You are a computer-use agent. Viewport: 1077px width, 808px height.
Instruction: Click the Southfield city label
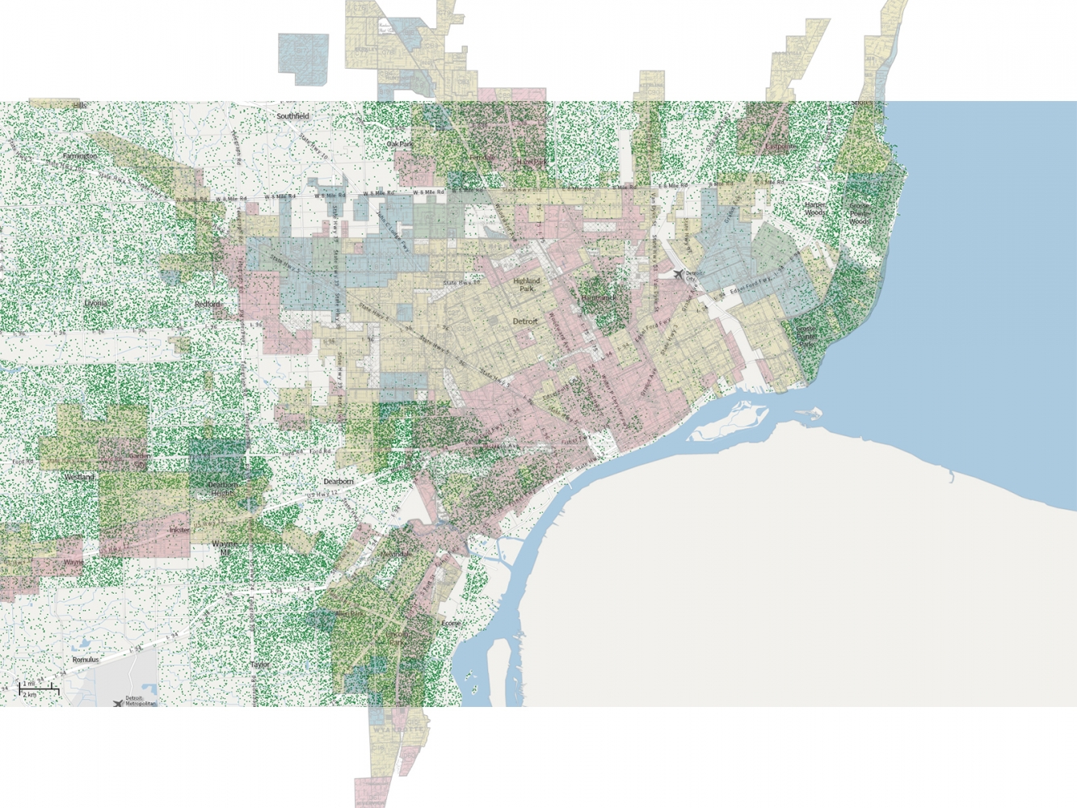(292, 116)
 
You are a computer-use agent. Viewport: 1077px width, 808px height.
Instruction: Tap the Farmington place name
(80, 156)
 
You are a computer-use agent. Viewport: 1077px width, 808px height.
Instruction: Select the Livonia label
(95, 303)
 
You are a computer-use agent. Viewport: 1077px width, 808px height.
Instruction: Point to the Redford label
(208, 304)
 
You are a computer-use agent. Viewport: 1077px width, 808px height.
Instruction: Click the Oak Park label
(400, 144)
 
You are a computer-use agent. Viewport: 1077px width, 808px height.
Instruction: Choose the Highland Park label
(527, 284)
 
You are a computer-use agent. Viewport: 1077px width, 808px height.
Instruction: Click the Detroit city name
(525, 321)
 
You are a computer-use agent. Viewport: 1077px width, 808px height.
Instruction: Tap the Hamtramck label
(599, 297)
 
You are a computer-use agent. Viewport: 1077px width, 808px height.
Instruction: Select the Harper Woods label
(815, 209)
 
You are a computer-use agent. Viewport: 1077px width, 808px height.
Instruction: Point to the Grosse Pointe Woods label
(860, 213)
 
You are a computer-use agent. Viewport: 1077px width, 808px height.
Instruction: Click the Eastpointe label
(780, 147)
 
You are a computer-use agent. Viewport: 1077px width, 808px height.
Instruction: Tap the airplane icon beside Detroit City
(678, 275)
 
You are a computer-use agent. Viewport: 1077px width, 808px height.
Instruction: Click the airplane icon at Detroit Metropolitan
(119, 702)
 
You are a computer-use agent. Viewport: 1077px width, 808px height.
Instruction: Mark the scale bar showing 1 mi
(39, 689)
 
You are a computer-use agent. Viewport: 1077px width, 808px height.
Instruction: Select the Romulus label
(86, 659)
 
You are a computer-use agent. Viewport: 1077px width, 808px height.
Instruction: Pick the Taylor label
(260, 664)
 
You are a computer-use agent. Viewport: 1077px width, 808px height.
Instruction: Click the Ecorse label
(451, 623)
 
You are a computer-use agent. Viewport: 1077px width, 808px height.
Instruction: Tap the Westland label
(80, 478)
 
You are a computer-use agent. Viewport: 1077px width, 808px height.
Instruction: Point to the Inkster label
(179, 530)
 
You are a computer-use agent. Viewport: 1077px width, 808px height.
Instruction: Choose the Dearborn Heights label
(222, 488)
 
